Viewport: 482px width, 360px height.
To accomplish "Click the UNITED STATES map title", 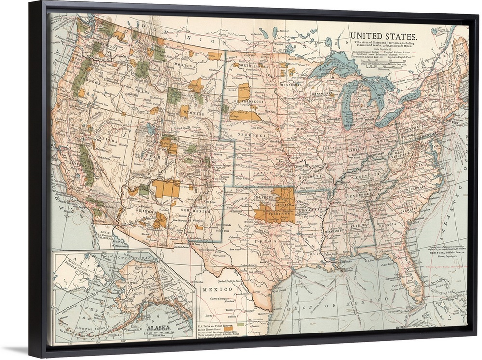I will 384,36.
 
